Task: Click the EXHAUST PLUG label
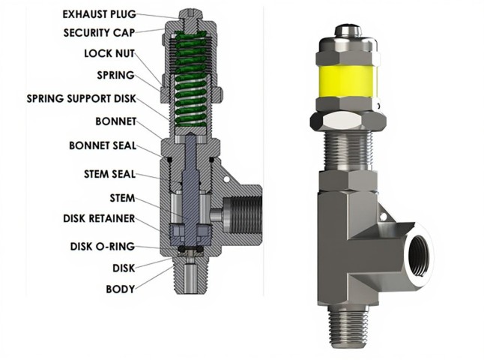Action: (100, 13)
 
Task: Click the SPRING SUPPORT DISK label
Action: (81, 98)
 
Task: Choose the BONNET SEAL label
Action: (102, 145)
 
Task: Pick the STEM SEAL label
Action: (109, 174)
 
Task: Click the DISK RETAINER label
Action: (99, 219)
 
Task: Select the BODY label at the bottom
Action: (120, 289)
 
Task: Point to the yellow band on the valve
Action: (348, 82)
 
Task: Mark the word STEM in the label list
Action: (122, 198)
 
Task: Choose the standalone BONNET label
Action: (115, 120)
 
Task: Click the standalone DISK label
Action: (124, 268)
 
